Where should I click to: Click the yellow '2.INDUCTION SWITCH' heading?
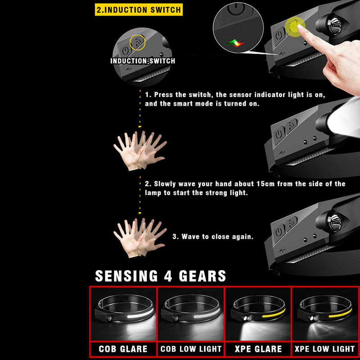[139, 9]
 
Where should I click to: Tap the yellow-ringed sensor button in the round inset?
[137, 42]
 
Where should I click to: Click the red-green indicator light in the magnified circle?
[235, 43]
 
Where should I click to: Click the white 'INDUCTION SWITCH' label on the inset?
[143, 61]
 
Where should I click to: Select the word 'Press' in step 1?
[163, 94]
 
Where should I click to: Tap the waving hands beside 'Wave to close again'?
[140, 238]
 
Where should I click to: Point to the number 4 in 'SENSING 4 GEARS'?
[168, 276]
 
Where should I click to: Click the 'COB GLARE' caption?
[123, 349]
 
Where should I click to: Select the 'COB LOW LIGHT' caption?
[191, 349]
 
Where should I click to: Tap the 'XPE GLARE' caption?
[258, 349]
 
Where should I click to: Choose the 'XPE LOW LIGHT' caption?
[324, 349]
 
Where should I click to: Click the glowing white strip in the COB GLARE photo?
[140, 314]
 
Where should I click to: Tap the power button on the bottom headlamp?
[279, 232]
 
